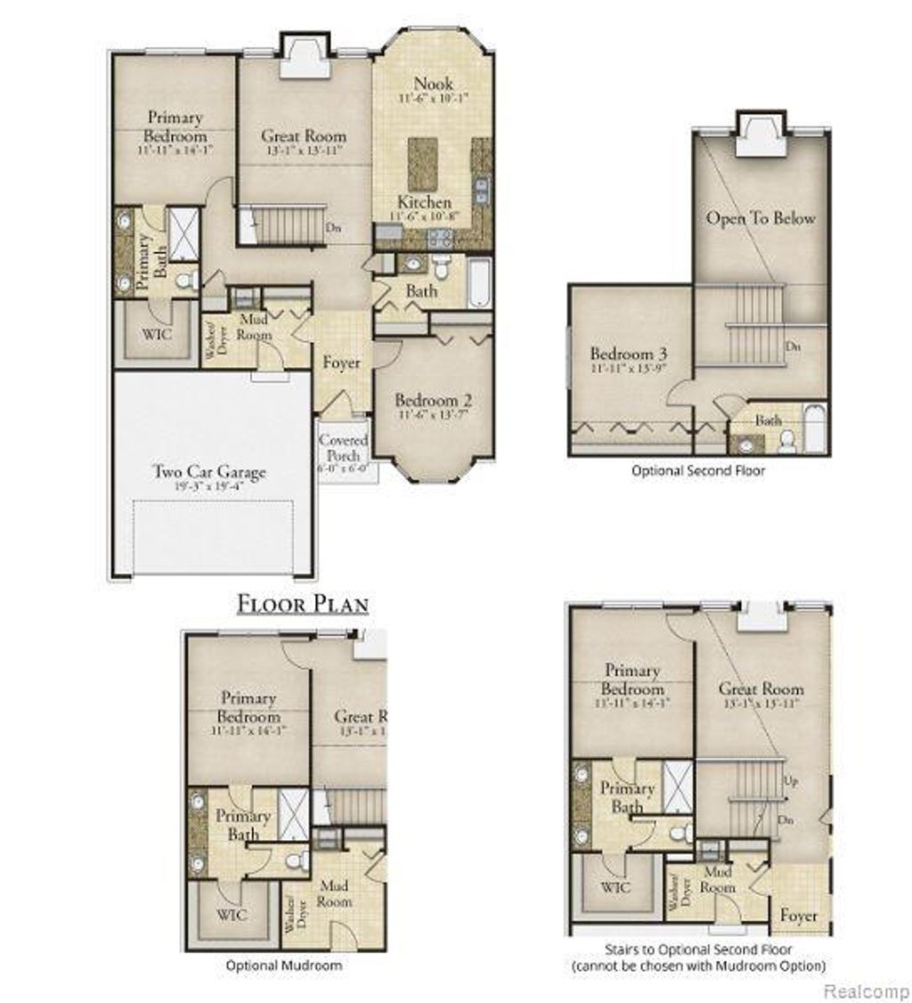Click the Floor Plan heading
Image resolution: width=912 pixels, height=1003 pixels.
[303, 604]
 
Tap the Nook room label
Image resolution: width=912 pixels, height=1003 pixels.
[433, 85]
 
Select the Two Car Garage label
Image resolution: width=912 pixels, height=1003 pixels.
[208, 473]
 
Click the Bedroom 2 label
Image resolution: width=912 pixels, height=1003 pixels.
[433, 400]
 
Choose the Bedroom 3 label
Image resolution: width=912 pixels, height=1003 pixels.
[628, 355]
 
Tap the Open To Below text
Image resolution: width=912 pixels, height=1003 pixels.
[761, 218]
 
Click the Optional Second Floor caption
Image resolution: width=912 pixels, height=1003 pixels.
[697, 470]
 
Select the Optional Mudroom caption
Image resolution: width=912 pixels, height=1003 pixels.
[283, 965]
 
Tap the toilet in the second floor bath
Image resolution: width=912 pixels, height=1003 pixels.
[787, 442]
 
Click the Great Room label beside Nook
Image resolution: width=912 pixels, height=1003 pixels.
[304, 137]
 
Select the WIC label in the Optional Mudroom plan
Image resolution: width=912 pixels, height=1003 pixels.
[232, 915]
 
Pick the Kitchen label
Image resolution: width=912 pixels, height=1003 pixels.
[424, 202]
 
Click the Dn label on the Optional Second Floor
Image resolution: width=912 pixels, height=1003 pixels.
[791, 347]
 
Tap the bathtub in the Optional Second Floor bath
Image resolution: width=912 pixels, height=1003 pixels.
[815, 430]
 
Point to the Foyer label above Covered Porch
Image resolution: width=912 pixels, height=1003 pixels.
[341, 363]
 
